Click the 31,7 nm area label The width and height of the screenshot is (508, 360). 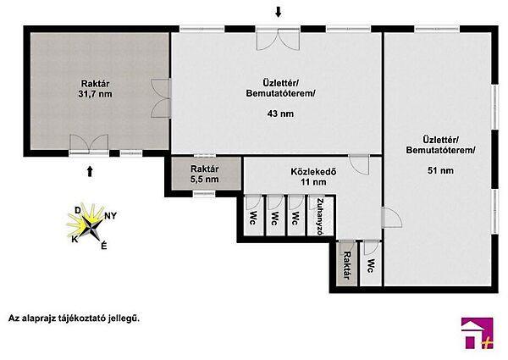coord(95,94)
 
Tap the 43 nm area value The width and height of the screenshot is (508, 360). coord(280,114)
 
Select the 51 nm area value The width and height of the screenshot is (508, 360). coord(440,170)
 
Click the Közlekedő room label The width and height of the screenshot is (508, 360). coord(313,171)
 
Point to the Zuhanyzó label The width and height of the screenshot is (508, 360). coord(320,216)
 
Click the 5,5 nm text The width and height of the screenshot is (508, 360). coord(204,180)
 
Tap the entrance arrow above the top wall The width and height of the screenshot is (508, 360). coord(278,13)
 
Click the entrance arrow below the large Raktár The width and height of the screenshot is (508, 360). coord(90,171)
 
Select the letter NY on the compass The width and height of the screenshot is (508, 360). coord(110,216)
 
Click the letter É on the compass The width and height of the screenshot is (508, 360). coord(103,246)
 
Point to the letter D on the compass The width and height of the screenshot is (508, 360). coord(78,211)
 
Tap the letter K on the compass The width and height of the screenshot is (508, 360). coord(75,239)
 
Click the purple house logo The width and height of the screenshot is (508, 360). coord(478,333)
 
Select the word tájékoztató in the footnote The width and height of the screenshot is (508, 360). coord(80,318)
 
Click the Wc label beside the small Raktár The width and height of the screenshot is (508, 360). coord(372,266)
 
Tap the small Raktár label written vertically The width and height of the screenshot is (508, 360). coord(346,265)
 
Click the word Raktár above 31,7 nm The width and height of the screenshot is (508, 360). coord(95,84)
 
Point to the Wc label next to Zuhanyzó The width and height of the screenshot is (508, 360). coord(295,219)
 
